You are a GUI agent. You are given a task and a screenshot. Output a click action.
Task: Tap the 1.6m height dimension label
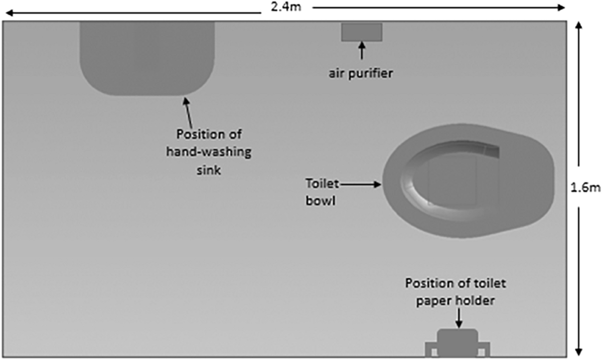(585, 188)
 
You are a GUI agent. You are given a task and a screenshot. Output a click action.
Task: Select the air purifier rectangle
(362, 32)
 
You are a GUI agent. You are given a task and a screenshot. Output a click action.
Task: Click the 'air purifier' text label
(361, 73)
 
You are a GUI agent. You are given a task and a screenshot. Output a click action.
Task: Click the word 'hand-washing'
(209, 152)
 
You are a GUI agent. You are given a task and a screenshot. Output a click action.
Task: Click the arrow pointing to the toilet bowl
(362, 185)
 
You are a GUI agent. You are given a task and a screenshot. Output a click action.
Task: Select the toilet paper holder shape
(457, 342)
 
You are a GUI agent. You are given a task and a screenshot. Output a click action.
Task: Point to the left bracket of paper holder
(431, 348)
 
